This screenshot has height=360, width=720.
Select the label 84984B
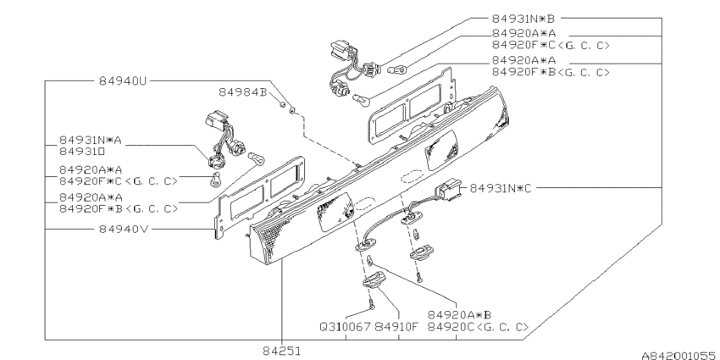tap(243, 91)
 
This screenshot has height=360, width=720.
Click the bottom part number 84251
tap(280, 348)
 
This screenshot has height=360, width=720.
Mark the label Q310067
tap(346, 325)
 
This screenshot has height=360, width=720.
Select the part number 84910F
tap(398, 325)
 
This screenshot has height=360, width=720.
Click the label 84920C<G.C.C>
tap(479, 325)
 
